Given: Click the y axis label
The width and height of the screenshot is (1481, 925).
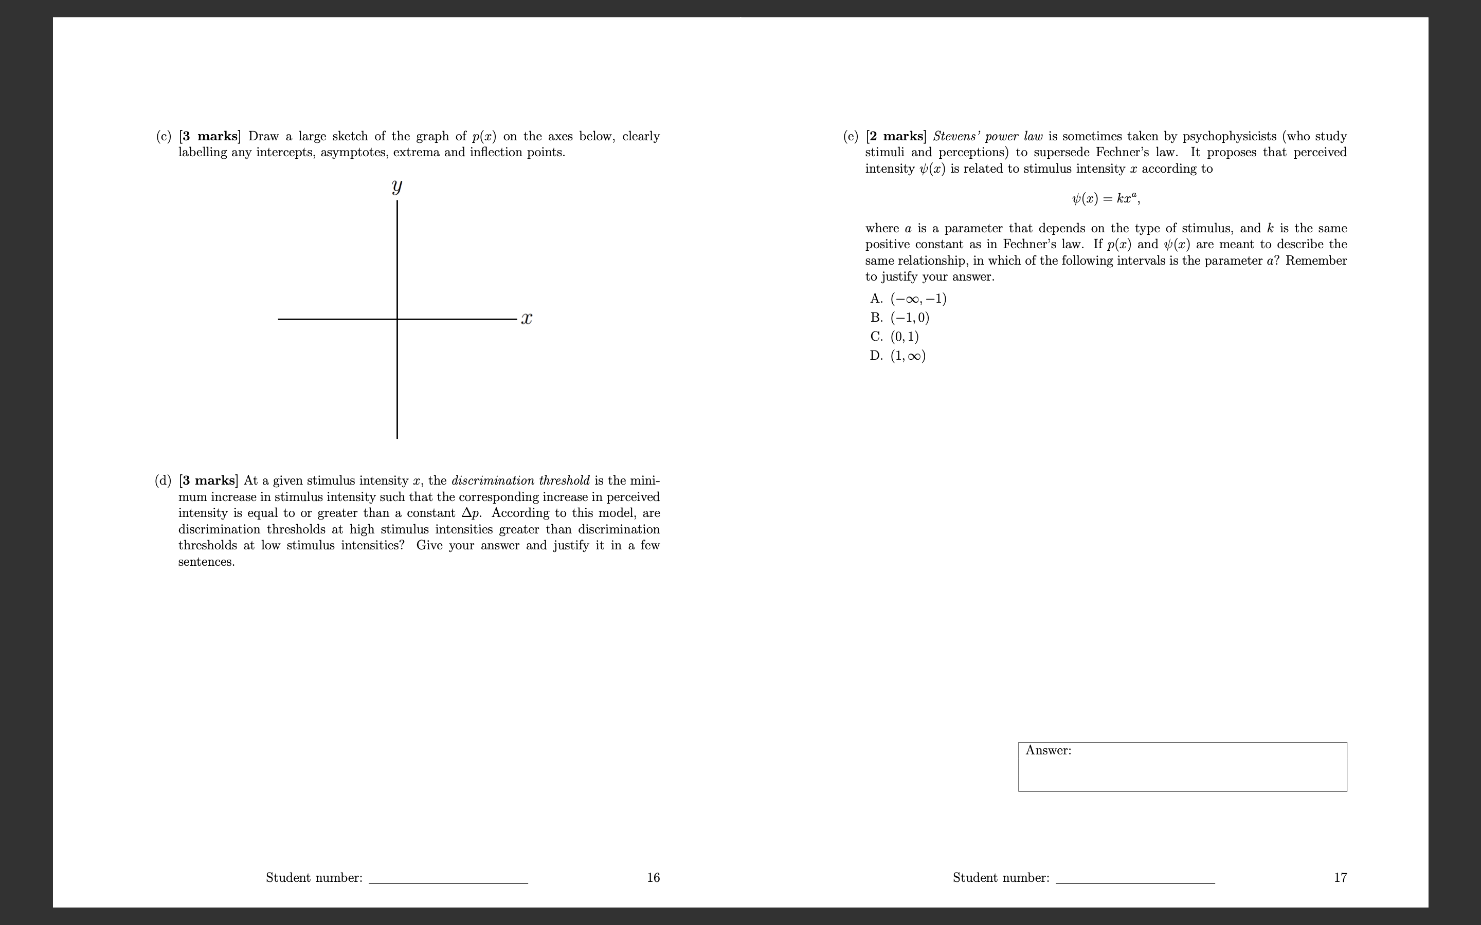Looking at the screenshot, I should (x=396, y=187).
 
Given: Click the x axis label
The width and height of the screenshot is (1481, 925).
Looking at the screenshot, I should (x=526, y=319).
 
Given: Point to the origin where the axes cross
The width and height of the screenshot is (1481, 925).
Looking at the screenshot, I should (x=397, y=319).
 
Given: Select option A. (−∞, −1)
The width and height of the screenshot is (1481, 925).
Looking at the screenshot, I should (x=908, y=299).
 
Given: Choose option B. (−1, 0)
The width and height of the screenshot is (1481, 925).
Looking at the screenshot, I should (x=899, y=318).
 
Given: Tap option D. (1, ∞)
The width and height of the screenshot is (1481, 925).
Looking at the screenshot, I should (x=898, y=356).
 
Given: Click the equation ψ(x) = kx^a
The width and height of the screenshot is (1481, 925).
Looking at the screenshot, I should (x=1105, y=198).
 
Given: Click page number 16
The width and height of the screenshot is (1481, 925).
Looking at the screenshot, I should (x=653, y=877).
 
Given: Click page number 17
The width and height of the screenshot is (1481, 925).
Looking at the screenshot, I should (x=1340, y=877).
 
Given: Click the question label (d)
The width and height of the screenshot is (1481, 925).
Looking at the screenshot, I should (x=163, y=480).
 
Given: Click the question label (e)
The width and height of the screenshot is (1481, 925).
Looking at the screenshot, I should (x=850, y=136).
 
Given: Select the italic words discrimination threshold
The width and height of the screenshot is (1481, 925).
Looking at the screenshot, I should (x=520, y=480).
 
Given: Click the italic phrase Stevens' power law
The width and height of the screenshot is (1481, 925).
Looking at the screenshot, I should (x=988, y=136).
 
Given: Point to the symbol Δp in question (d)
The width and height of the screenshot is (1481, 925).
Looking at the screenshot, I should (x=470, y=513).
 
